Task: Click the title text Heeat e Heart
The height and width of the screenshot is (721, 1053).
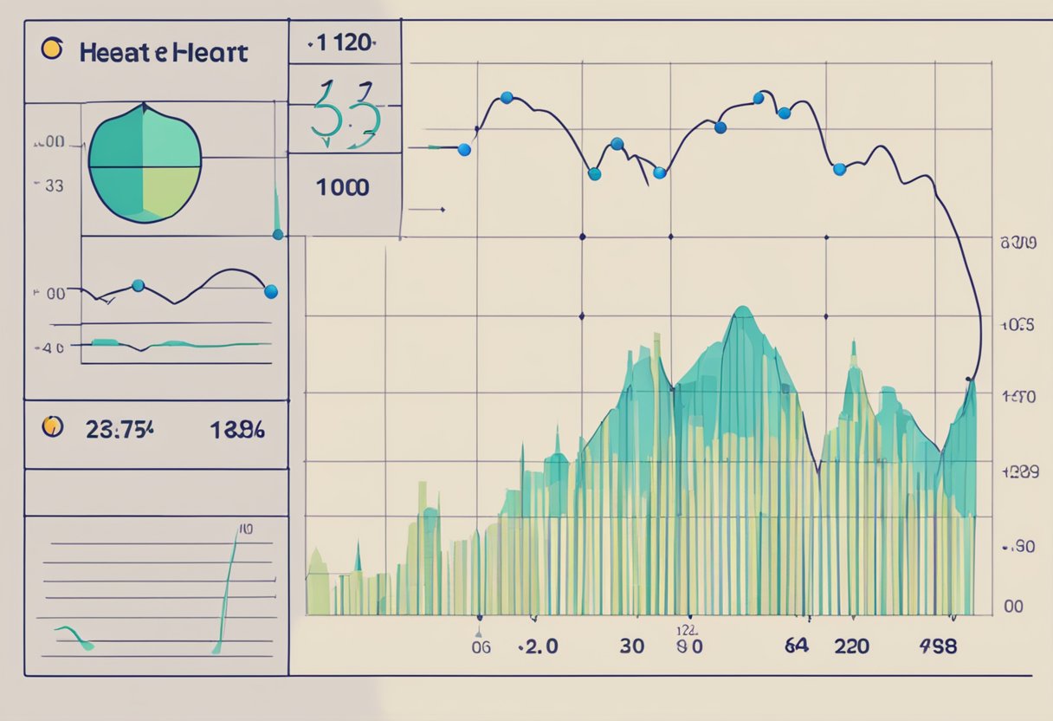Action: click(163, 52)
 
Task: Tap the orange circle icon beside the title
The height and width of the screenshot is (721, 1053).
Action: click(52, 49)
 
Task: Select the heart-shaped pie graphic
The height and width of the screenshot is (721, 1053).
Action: click(145, 162)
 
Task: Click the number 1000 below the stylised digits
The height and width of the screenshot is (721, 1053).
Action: click(343, 187)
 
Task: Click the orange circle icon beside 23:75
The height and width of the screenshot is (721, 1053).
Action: click(53, 425)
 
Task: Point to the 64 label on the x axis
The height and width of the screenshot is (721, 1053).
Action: click(796, 646)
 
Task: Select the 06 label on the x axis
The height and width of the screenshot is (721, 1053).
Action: click(481, 646)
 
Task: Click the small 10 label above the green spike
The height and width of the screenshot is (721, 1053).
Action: click(245, 529)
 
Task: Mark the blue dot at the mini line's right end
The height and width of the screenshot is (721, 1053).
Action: click(271, 292)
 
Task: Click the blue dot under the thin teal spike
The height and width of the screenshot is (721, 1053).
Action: click(278, 234)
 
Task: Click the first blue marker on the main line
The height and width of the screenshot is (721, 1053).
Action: click(463, 150)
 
